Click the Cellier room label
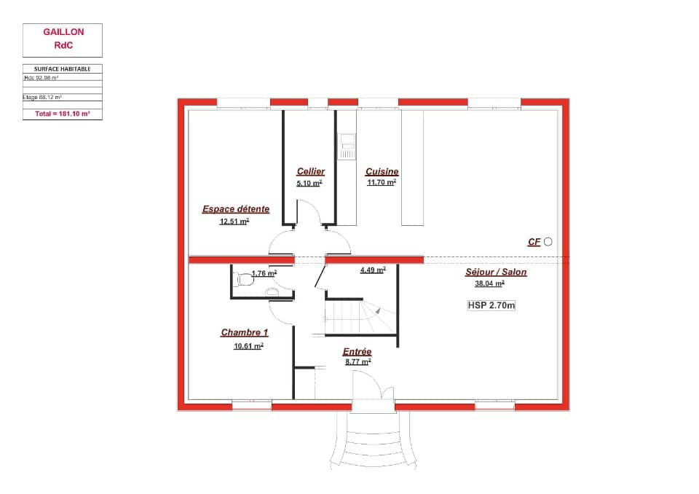[x=310, y=171]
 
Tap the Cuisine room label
[x=382, y=171]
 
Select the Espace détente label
[x=235, y=209]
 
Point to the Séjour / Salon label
[x=496, y=273]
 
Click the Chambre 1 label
[x=244, y=333]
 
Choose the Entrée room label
[x=357, y=352]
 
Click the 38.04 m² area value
[x=490, y=285]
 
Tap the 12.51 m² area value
[x=234, y=221]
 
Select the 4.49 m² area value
[x=372, y=269]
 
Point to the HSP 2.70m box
[x=491, y=306]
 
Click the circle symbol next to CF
[x=548, y=242]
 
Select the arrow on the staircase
[x=379, y=311]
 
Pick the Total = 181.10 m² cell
[x=63, y=114]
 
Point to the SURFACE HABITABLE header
[x=63, y=68]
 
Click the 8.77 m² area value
[x=357, y=361]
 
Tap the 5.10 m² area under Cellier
[x=309, y=184]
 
